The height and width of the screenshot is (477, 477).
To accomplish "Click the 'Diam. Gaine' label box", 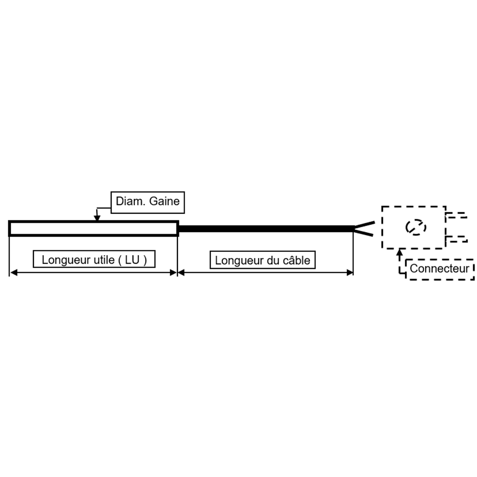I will pos(147,201).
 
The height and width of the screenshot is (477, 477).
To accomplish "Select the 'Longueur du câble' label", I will pos(262,260).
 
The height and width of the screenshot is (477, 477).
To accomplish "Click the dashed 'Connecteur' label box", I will pos(439,269).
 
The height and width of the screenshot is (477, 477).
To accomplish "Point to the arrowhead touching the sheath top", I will pos(97,218).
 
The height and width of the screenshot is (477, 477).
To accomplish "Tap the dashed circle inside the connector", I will pos(414,228).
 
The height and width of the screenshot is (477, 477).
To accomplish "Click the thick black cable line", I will pos(265,229).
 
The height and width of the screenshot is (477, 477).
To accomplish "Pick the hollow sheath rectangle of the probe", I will pos(93,228).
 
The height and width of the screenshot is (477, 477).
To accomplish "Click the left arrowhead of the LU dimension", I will pos(13,272).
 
